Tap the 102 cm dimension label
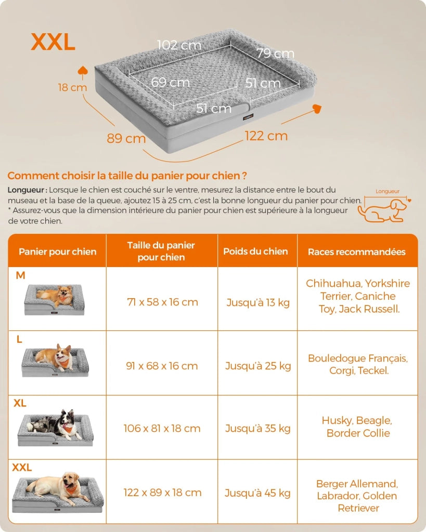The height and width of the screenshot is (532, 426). point(179,45)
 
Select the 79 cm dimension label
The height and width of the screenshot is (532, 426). point(275,53)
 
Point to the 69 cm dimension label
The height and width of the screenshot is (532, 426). point(170,82)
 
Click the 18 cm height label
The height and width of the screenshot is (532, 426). point(72,87)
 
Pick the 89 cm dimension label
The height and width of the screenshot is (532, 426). point(126,138)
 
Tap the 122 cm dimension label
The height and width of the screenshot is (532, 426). point(266,136)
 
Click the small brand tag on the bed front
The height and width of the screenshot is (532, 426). point(248,117)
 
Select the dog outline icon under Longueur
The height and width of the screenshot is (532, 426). point(382,210)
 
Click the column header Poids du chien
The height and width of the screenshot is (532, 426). point(255,251)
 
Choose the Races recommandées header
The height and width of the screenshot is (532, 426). point(357,252)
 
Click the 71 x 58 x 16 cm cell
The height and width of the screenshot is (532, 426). point(162,302)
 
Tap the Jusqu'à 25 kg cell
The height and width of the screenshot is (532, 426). point(258,366)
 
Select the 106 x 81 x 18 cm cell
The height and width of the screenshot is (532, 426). point(162,428)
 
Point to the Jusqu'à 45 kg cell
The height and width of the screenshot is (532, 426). point(257,493)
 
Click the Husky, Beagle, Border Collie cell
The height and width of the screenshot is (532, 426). point(357,427)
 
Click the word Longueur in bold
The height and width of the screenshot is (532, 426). point(26,190)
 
